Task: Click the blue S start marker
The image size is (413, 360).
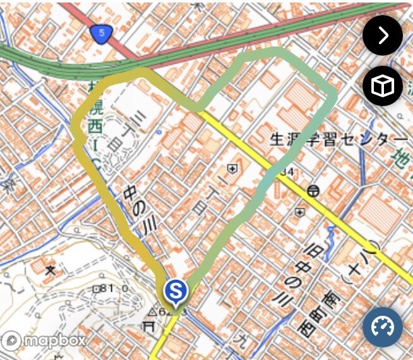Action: tap(176, 291)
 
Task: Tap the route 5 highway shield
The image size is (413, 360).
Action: tap(99, 34)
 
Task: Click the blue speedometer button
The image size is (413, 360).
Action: tap(382, 327)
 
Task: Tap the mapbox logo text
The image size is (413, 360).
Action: tap(54, 340)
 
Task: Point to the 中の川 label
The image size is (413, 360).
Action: tap(141, 214)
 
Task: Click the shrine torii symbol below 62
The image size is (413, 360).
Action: tap(149, 326)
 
